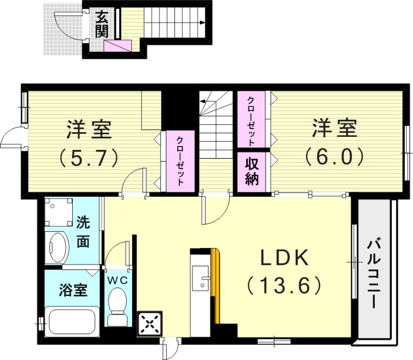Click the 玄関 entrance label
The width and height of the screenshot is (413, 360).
pyautogui.click(x=101, y=24)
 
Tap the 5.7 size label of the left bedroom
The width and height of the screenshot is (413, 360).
pyautogui.click(x=89, y=155)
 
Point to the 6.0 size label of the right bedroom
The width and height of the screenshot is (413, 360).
pyautogui.click(x=334, y=155)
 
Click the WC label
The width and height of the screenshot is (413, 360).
pyautogui.click(x=118, y=279)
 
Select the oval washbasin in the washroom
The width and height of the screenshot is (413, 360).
pyautogui.click(x=58, y=247)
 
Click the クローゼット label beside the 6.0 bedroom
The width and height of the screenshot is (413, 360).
pyautogui.click(x=251, y=120)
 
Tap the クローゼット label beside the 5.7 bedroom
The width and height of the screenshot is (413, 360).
pyautogui.click(x=179, y=161)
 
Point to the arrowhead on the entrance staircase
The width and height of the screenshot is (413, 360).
pyautogui.click(x=205, y=22)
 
